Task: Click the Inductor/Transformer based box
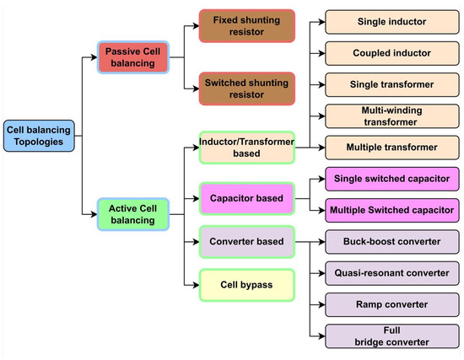click(246, 147)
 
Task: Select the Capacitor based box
click(246, 199)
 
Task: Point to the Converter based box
click(246, 242)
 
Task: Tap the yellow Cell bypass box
click(246, 285)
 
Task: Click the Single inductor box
click(391, 20)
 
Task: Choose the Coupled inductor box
click(391, 52)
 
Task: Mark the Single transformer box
click(391, 84)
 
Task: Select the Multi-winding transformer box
click(391, 116)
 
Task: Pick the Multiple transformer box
click(391, 148)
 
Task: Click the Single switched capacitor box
click(391, 179)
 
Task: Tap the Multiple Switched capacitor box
click(391, 209)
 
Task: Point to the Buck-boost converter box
click(391, 242)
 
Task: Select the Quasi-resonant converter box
click(391, 272)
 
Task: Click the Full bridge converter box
click(391, 336)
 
